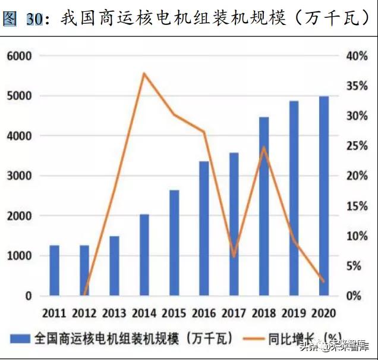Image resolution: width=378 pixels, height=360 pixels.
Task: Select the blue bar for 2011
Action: coord(54,270)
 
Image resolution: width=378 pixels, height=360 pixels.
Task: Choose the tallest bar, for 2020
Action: coord(324,196)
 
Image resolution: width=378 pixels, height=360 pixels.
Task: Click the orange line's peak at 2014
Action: coord(144,73)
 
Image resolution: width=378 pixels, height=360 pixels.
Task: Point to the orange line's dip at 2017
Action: coord(234,256)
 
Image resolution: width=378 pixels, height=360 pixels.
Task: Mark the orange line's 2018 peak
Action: coord(264,147)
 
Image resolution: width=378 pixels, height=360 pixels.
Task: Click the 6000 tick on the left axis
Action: coord(20,56)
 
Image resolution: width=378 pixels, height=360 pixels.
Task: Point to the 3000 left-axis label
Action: coord(20,176)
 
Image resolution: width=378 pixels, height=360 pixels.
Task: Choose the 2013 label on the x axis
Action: coord(114,312)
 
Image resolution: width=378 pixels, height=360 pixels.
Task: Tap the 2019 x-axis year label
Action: coord(294,312)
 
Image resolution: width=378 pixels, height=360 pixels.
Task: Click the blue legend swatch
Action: coord(21,338)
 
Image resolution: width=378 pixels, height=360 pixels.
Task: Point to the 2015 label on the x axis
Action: coord(174,312)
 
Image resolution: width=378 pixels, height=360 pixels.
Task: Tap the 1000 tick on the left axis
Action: coord(20,256)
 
